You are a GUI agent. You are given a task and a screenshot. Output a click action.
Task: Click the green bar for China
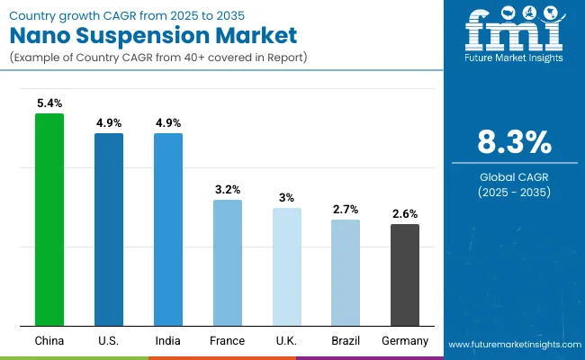(49, 220)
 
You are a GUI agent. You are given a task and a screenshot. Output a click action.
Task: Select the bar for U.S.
(109, 229)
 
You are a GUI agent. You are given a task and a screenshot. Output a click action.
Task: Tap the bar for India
(168, 229)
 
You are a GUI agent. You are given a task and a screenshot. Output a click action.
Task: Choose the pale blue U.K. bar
(287, 266)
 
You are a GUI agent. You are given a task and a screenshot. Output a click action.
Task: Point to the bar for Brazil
(346, 273)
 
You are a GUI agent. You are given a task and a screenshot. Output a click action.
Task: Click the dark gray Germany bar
(405, 274)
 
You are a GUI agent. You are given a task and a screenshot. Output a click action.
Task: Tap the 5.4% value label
(49, 103)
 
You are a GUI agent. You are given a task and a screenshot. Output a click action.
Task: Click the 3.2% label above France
(228, 190)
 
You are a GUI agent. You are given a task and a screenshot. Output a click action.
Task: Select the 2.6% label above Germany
(405, 214)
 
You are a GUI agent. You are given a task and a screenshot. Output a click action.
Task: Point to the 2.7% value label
(346, 210)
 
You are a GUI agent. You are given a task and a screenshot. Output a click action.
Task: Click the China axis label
(49, 341)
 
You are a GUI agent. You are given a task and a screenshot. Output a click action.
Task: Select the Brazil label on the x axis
(346, 341)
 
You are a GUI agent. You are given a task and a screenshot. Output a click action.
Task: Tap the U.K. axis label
(287, 341)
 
